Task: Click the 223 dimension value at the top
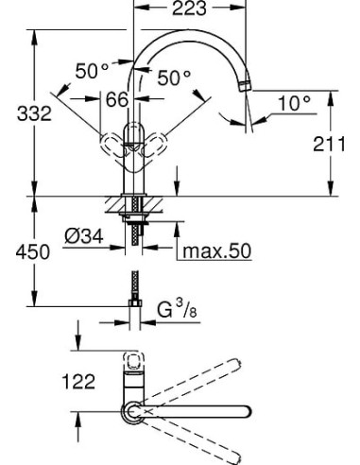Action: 186,12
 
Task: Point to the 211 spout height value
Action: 331,145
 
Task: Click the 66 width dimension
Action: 117,100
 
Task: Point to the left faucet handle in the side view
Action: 111,147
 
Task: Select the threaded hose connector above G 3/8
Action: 132,288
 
